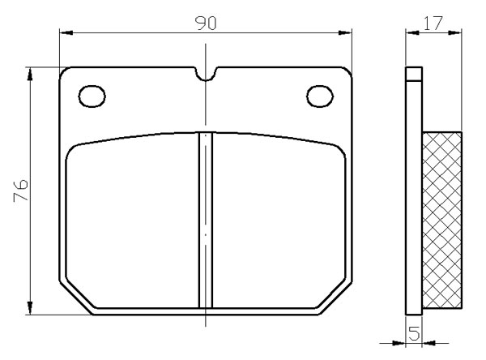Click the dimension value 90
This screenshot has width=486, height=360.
[x=206, y=24]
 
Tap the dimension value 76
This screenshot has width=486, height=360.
[x=21, y=190]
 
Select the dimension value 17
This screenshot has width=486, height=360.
[x=433, y=23]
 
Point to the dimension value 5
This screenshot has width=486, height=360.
[x=415, y=333]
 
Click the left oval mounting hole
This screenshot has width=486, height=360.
[x=92, y=96]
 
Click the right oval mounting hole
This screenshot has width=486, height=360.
[x=320, y=96]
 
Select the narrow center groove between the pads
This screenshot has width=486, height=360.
[x=206, y=220]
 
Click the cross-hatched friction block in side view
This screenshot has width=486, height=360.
[x=442, y=220]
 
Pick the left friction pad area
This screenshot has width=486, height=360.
[x=132, y=221]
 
